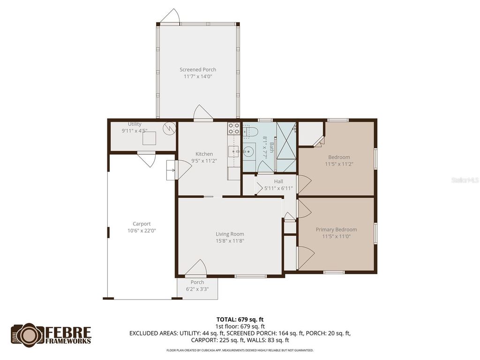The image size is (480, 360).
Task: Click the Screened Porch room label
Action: pyautogui.click(x=198, y=69)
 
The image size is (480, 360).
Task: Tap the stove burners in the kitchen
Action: pyautogui.click(x=233, y=128)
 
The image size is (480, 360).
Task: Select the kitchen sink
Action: pyautogui.click(x=233, y=151)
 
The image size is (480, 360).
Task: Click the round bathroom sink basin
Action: pyautogui.click(x=248, y=151)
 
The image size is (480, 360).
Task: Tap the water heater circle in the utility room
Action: pyautogui.click(x=169, y=127)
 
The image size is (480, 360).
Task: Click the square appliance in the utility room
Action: pyautogui.click(x=150, y=138)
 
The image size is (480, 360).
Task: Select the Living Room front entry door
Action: pyautogui.click(x=196, y=268)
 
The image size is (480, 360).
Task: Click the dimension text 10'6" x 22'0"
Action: pyautogui.click(x=142, y=231)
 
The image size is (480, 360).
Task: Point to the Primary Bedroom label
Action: pyautogui.click(x=336, y=229)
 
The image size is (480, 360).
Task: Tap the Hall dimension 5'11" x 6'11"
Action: pyautogui.click(x=278, y=188)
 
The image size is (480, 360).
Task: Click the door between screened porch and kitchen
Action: pyautogui.click(x=203, y=113)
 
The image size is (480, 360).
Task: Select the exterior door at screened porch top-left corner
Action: pyautogui.click(x=169, y=16)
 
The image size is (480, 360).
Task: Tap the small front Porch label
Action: pyautogui.click(x=197, y=282)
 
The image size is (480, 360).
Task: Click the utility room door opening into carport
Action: pyautogui.click(x=146, y=159)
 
